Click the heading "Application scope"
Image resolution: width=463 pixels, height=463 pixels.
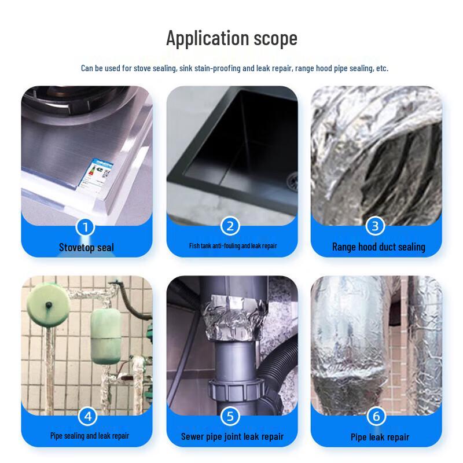(232, 38)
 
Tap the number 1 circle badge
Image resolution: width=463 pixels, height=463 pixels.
(85, 227)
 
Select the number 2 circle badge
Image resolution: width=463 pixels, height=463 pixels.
(230, 226)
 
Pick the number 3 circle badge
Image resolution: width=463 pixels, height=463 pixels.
(375, 226)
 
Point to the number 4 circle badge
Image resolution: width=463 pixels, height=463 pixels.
(88, 416)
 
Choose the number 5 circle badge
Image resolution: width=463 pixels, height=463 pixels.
(230, 416)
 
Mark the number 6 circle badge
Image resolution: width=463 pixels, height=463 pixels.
(376, 416)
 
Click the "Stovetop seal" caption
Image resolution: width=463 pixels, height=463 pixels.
(86, 248)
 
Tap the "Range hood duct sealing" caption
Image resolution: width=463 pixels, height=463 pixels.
(379, 247)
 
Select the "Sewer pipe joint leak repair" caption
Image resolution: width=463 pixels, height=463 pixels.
(232, 436)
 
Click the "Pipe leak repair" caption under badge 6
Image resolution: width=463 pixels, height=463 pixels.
(380, 437)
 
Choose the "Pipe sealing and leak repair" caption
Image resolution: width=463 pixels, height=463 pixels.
(90, 436)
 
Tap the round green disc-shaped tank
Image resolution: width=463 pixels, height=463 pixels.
(48, 305)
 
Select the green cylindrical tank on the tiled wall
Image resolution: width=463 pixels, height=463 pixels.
(105, 336)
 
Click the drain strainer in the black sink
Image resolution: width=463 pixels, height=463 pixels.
(293, 179)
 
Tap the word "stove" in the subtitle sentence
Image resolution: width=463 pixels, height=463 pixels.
(142, 68)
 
